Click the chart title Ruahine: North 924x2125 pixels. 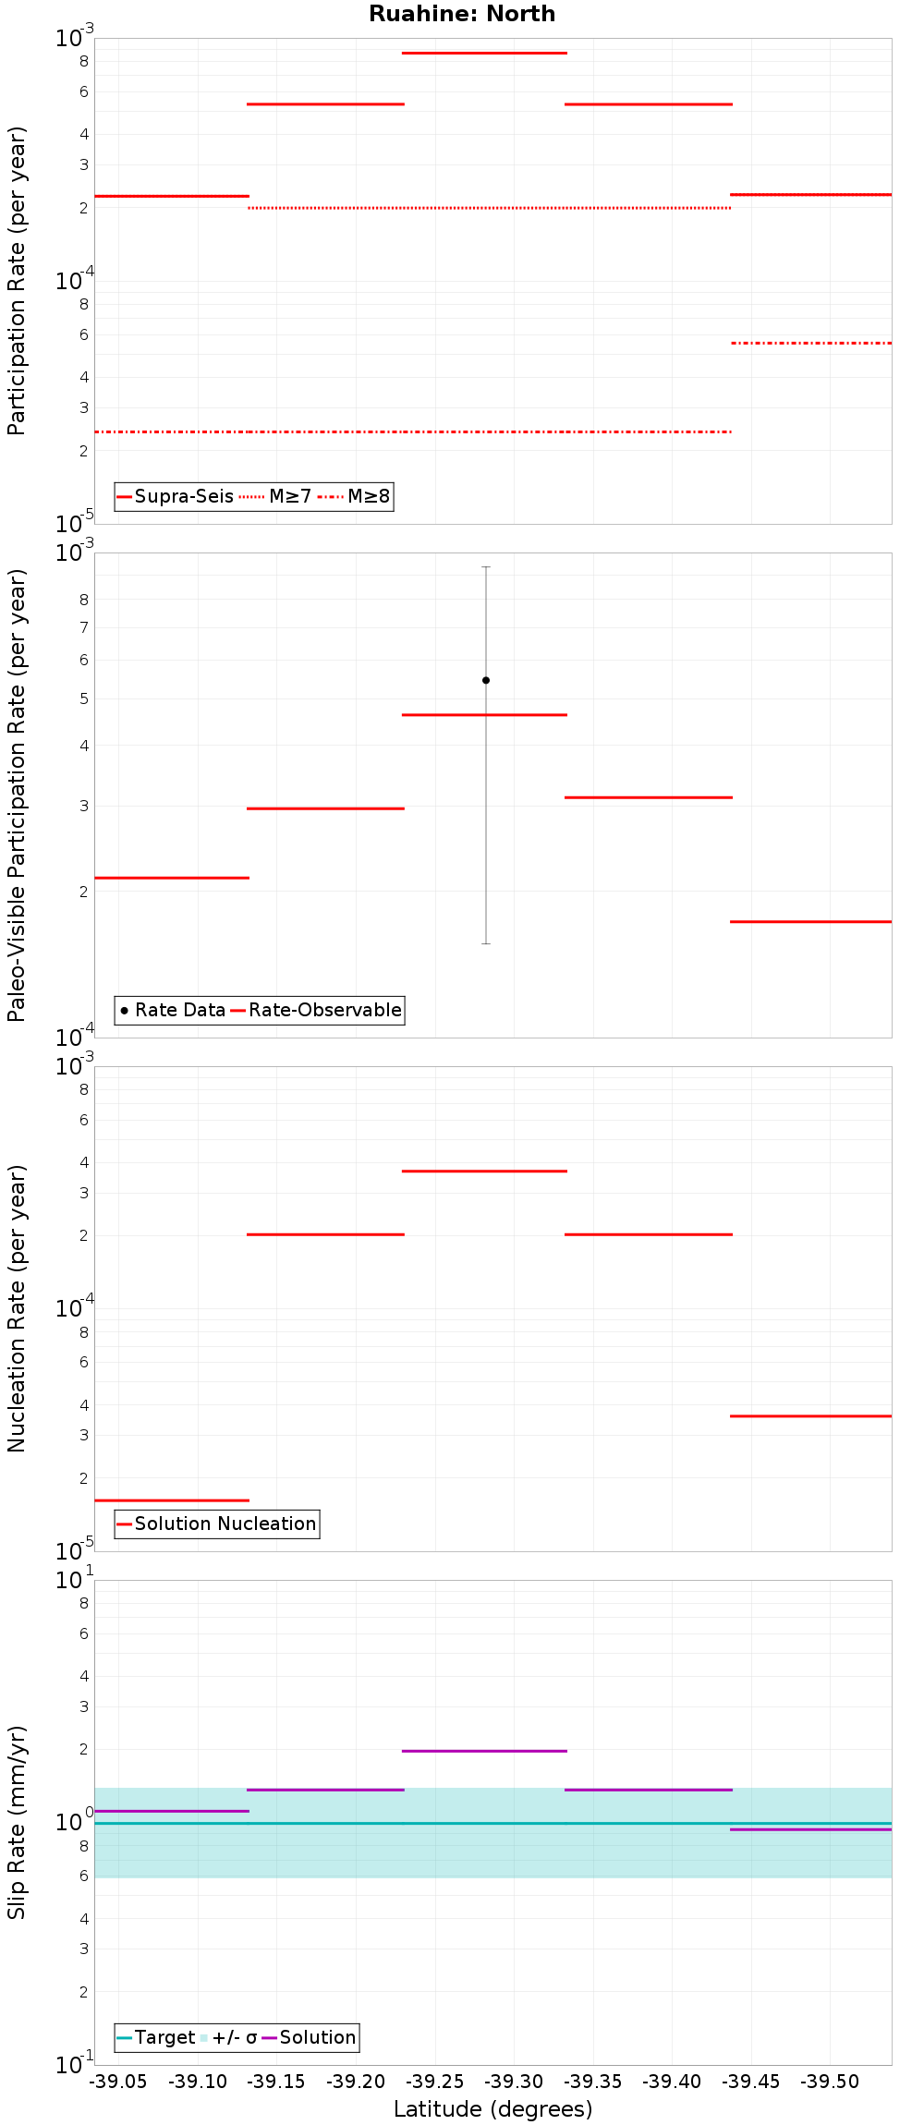click(462, 14)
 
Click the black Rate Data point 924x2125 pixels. click(486, 680)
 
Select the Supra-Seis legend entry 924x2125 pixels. click(175, 497)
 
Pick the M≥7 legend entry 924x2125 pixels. click(276, 497)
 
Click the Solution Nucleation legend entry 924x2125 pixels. click(216, 1524)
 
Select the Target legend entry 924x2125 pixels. click(155, 2037)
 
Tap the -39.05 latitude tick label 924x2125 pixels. click(119, 2082)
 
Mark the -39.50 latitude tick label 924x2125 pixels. click(831, 2082)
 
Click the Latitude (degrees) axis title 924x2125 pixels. click(492, 2109)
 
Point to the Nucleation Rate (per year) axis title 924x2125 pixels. click(17, 1308)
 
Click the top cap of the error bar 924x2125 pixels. click(486, 566)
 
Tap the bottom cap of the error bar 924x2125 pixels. click(486, 943)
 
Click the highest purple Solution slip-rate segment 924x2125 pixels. click(484, 1751)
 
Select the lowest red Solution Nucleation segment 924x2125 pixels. click(172, 1500)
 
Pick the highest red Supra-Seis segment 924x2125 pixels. click(484, 53)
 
